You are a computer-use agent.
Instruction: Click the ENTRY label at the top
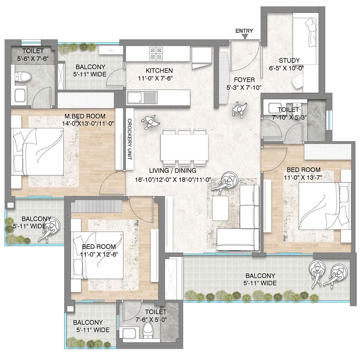tap(244, 31)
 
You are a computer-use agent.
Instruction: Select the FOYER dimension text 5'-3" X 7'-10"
tap(244, 88)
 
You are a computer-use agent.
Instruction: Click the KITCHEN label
tap(159, 71)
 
